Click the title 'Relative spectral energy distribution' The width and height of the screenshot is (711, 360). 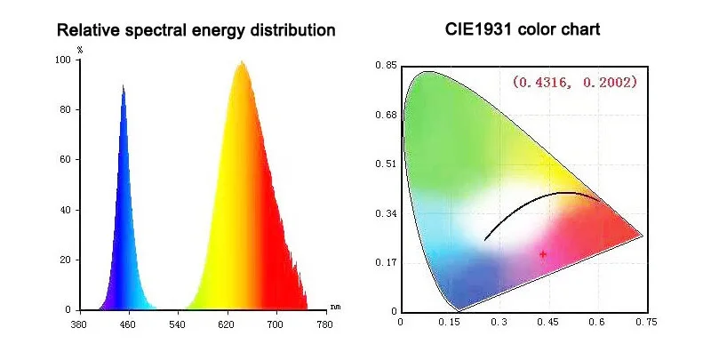pyautogui.click(x=196, y=30)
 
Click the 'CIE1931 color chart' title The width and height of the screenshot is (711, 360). pyautogui.click(x=523, y=30)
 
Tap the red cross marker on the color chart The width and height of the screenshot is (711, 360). pyautogui.click(x=543, y=254)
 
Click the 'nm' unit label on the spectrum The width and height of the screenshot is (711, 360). pyautogui.click(x=335, y=307)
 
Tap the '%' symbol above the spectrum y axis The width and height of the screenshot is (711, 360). pyautogui.click(x=80, y=50)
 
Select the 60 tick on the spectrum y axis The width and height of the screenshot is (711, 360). pyautogui.click(x=65, y=160)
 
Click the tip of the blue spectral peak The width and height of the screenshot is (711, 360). pyautogui.click(x=123, y=85)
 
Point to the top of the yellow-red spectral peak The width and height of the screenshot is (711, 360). pyautogui.click(x=241, y=61)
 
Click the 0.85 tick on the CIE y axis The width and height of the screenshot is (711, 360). pyautogui.click(x=385, y=65)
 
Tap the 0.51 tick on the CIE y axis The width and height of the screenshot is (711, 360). pyautogui.click(x=385, y=164)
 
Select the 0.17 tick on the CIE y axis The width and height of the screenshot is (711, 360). pyautogui.click(x=385, y=262)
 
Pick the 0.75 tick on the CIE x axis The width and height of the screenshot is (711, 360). pyautogui.click(x=651, y=323)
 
